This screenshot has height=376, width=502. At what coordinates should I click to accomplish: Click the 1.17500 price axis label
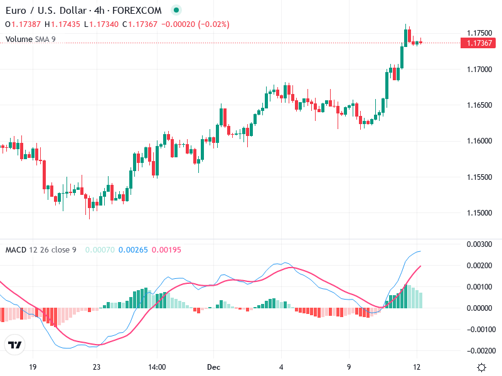tap(479, 33)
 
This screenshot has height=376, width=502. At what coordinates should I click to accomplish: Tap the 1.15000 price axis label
tap(479, 213)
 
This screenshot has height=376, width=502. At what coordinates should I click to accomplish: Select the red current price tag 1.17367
tap(479, 43)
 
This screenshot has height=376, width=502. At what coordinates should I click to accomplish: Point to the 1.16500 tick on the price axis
tap(479, 105)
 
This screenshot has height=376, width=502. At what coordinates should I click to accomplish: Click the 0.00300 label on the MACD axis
tap(481, 244)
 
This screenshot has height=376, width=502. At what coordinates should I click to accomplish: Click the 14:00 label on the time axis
tap(157, 367)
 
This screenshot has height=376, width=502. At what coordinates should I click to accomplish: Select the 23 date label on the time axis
tap(96, 367)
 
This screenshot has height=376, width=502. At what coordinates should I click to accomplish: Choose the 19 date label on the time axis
tap(33, 367)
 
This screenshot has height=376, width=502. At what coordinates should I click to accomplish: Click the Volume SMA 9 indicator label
tap(30, 39)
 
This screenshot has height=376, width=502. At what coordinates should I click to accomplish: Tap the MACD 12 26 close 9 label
tap(41, 250)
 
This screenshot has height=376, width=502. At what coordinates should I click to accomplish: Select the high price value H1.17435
tap(61, 24)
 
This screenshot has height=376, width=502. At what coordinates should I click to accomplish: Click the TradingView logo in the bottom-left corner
tap(15, 345)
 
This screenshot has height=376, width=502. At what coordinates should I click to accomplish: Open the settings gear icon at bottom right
tap(481, 367)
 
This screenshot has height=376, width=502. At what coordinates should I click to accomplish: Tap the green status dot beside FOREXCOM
tap(176, 11)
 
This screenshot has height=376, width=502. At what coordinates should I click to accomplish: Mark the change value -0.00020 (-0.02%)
tap(195, 24)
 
